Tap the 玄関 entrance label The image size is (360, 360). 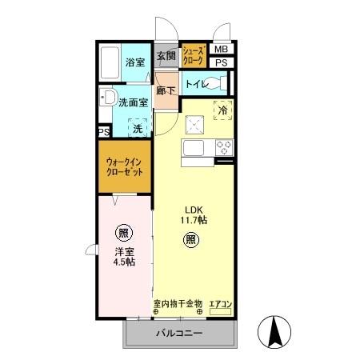pos(166,55)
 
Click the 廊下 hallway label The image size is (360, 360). pos(166,90)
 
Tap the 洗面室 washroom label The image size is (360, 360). pos(133,102)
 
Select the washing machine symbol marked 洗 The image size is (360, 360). pos(138,127)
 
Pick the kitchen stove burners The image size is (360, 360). pos(223,147)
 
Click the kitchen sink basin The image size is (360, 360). pos(196,148)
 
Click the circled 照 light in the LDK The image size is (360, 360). pos(192,239)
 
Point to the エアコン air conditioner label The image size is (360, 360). pos(220,303)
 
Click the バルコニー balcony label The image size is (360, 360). pos(178,333)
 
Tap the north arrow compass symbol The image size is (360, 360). pos(274,330)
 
